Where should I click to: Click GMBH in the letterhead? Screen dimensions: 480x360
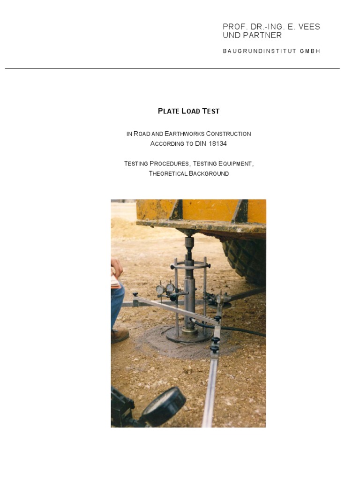(x=310, y=51)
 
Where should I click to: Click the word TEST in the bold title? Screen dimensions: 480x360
(x=210, y=111)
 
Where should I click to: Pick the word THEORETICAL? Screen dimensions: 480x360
(x=168, y=173)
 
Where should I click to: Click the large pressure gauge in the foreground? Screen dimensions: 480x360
(x=164, y=405)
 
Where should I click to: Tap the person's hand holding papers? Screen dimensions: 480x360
(x=117, y=269)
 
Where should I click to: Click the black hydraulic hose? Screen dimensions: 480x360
(x=244, y=330)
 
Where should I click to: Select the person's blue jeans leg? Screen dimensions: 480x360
(x=117, y=305)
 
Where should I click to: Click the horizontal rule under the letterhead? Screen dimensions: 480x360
(x=172, y=68)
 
